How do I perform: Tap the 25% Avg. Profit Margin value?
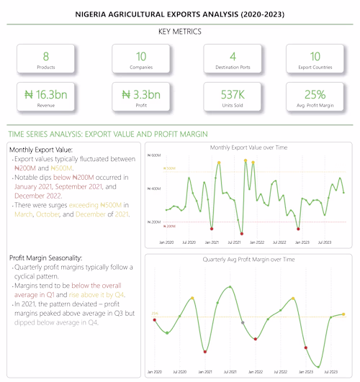point(314,94)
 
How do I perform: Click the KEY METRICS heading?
point(179,32)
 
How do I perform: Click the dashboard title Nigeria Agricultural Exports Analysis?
point(179,12)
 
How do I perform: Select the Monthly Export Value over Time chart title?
point(248,147)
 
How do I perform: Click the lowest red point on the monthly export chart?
point(242,234)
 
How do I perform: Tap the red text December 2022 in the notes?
point(36,195)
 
